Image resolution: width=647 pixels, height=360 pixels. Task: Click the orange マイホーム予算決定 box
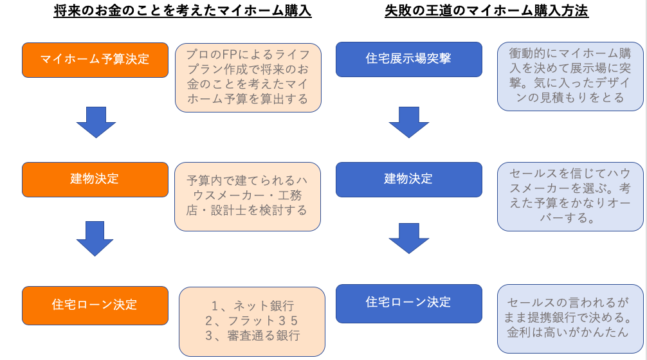[x=95, y=60]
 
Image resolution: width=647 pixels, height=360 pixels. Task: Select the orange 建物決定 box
[x=95, y=179]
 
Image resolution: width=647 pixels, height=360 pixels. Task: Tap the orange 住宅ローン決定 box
[x=95, y=305]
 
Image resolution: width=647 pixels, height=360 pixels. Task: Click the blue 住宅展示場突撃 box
[x=409, y=59]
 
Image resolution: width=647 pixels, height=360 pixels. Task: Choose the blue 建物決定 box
[x=409, y=179]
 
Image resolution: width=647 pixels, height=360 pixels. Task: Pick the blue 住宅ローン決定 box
[x=409, y=303]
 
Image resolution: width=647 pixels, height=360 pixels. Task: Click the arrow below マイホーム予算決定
[x=96, y=123]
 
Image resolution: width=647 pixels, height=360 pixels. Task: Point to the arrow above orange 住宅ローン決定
[x=95, y=239]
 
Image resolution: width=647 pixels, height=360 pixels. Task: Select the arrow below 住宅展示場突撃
[x=409, y=123]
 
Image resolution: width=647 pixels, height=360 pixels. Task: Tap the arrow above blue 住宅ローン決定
[x=409, y=239]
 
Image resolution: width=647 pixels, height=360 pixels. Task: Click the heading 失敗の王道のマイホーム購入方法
[x=486, y=11]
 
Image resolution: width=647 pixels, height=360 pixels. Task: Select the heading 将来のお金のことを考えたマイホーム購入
[x=183, y=11]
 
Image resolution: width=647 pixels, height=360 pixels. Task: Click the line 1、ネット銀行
[x=253, y=306]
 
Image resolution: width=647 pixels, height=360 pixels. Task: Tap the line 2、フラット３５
[x=251, y=321]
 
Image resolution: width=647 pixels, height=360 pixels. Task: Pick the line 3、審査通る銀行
[x=253, y=336]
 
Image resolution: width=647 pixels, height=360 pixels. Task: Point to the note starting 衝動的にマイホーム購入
[x=570, y=76]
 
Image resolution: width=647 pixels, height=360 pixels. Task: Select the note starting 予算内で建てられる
[x=248, y=196]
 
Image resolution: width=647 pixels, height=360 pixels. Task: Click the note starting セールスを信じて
[x=570, y=196]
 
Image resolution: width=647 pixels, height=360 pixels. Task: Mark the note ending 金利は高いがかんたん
[x=570, y=318]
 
